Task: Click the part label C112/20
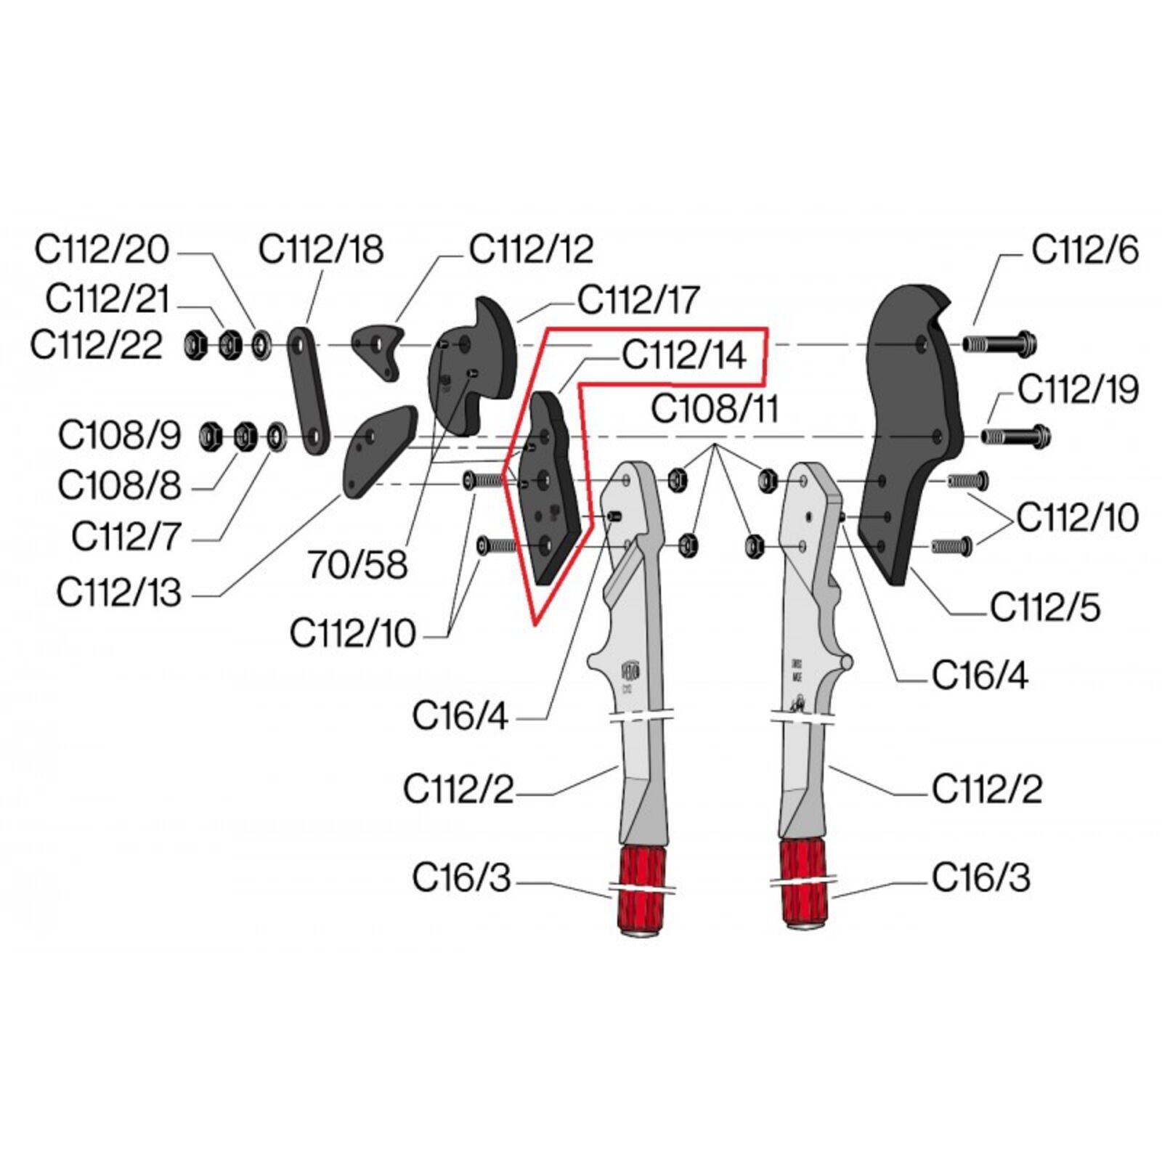(102, 250)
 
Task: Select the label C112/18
(321, 250)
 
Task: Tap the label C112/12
(531, 250)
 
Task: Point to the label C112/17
(638, 300)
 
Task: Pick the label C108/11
(714, 409)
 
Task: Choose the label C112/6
(1085, 251)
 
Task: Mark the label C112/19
(1078, 390)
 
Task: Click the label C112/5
(1045, 607)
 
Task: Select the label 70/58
(357, 564)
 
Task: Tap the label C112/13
(118, 593)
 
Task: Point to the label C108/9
(119, 436)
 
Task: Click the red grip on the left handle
(640, 887)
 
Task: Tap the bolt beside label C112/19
(1015, 436)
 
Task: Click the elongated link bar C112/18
(308, 391)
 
